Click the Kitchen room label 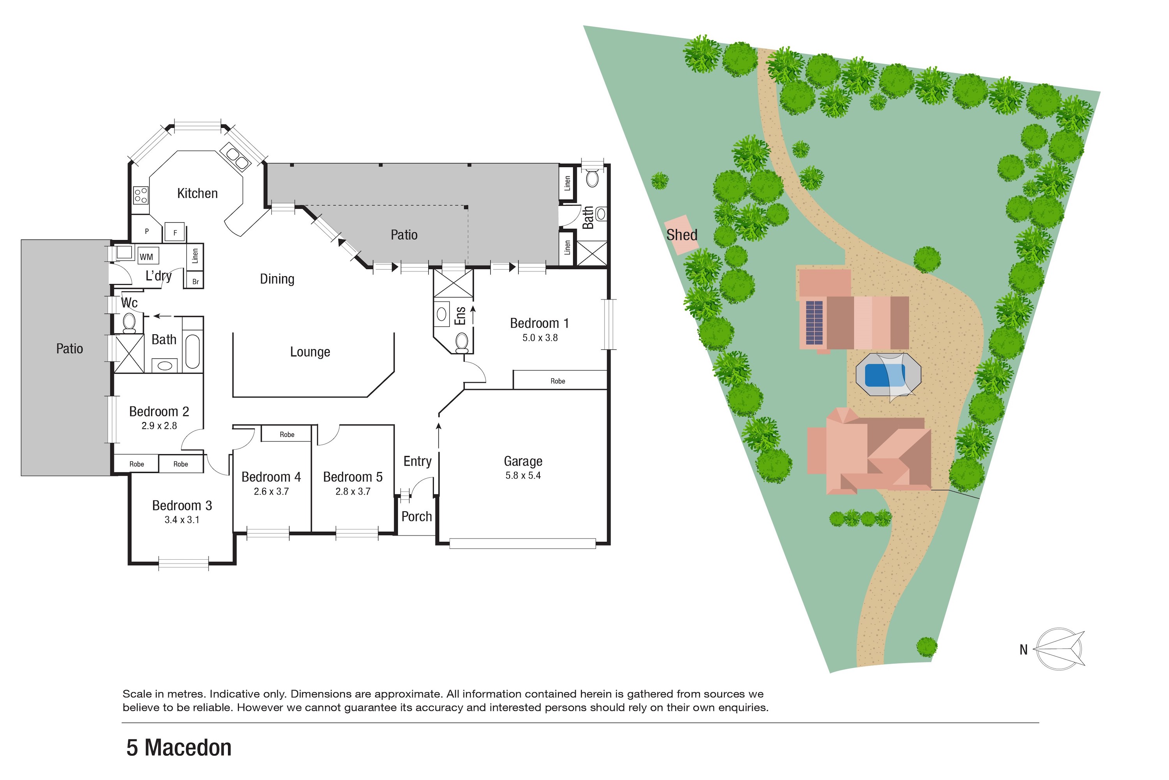197,193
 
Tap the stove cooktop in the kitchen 141,195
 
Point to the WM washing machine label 146,257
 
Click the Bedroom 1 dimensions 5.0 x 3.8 540,338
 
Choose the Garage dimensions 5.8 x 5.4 523,475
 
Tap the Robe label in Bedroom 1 558,381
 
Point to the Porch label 417,517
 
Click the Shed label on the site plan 682,235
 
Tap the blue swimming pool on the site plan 885,375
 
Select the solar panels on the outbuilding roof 814,323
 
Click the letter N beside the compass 1023,650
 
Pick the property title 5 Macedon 179,748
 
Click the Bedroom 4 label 271,477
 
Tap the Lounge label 310,352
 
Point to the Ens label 460,316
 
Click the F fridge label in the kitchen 175,232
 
